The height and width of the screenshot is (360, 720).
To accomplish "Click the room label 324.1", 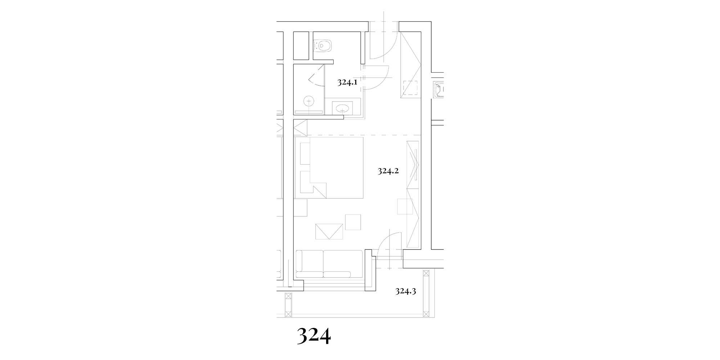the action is (x=347, y=82).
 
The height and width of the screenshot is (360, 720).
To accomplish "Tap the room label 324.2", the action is (x=388, y=171).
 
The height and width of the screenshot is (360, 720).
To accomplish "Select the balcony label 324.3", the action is (x=406, y=291).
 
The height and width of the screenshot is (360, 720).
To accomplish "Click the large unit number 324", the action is (x=314, y=336).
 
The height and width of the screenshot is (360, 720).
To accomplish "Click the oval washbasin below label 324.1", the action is (x=340, y=107).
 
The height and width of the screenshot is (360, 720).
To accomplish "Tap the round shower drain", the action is (x=309, y=102).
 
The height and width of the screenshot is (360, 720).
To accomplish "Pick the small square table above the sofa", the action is (x=353, y=222).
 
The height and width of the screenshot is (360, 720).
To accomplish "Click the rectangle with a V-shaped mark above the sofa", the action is (x=329, y=231).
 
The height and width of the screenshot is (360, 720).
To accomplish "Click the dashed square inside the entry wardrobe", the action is (x=410, y=88).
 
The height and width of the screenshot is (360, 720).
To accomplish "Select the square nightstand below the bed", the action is (x=301, y=207).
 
